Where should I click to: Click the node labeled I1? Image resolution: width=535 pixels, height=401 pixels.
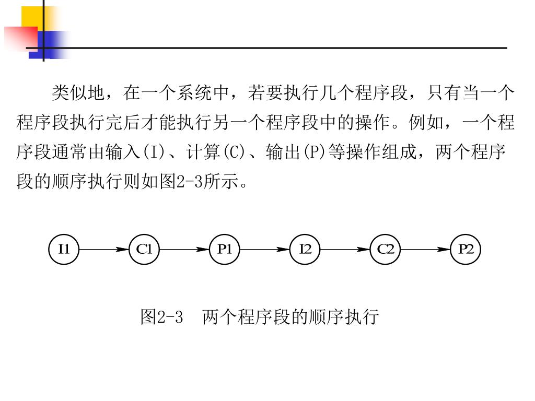(x=64, y=250)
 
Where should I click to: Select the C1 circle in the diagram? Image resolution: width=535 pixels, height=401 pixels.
(x=144, y=250)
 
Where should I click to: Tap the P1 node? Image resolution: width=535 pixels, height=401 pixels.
(x=225, y=250)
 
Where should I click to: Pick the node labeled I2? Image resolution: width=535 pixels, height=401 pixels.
(x=305, y=250)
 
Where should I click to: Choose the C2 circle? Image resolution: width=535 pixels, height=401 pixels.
(x=386, y=250)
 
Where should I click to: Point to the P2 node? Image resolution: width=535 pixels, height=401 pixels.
(x=466, y=250)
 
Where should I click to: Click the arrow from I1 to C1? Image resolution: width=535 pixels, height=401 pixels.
(x=104, y=250)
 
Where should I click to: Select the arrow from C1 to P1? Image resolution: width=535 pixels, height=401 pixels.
(x=184, y=250)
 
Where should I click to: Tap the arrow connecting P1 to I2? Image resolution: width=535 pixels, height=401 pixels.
(x=265, y=250)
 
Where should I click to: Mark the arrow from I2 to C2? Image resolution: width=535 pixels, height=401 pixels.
(x=345, y=250)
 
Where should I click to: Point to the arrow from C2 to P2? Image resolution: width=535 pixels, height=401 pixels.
(x=426, y=250)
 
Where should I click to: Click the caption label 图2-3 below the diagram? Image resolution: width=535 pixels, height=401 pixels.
(x=161, y=317)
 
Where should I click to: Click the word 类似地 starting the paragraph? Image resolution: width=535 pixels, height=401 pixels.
(x=78, y=93)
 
